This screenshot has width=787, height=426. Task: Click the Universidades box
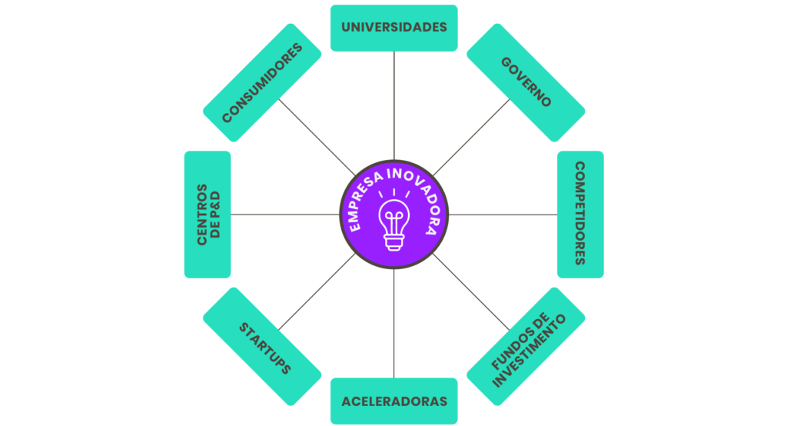tap(394, 28)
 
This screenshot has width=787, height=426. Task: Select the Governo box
tap(526, 82)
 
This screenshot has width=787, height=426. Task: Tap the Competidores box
tap(580, 215)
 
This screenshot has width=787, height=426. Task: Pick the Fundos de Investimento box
tap(526, 347)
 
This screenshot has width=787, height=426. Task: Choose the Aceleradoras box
tap(394, 401)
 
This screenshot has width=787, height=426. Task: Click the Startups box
tap(262, 347)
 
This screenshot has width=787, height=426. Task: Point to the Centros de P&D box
tap(208, 215)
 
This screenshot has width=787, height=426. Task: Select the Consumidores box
tap(262, 82)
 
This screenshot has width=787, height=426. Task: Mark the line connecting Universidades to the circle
tap(394, 105)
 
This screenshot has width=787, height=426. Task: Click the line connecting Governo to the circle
tap(471, 137)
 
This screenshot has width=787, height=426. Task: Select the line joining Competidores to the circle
tap(503, 215)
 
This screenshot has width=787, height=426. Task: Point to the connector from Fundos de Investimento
tap(471, 292)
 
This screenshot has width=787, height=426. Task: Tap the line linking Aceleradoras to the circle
tap(394, 324)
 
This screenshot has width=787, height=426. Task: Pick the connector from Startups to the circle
tap(317, 292)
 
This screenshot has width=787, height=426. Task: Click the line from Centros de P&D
tap(285, 215)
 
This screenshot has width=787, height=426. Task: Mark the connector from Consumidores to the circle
tap(317, 137)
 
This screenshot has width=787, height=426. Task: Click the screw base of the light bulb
tap(394, 243)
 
